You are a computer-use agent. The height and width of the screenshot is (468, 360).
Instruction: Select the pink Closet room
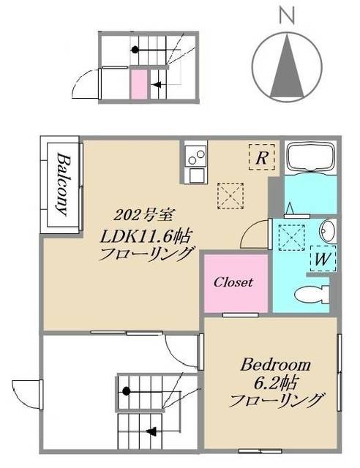click(x=233, y=282)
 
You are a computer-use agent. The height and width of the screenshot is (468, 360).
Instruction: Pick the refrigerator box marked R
click(x=261, y=156)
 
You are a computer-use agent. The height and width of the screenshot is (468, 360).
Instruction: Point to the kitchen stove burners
click(x=195, y=156)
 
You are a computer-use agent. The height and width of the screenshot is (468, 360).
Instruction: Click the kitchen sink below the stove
click(x=196, y=175)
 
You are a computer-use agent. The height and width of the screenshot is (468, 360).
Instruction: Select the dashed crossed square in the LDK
click(x=230, y=195)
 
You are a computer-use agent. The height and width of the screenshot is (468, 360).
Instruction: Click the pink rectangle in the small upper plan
click(x=138, y=83)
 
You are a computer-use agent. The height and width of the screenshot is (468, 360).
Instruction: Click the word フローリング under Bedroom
click(x=277, y=401)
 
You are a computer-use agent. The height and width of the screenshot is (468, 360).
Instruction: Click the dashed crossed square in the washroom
click(x=294, y=235)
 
